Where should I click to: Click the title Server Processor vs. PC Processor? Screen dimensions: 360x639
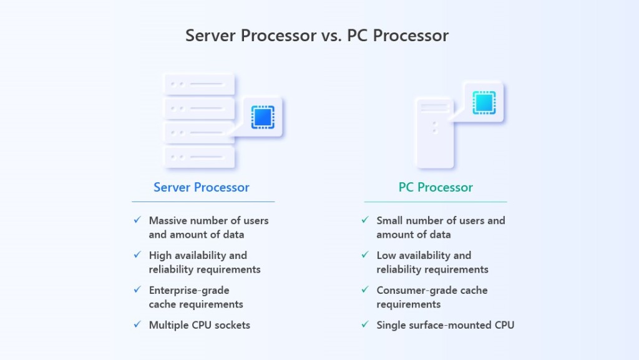point(317,36)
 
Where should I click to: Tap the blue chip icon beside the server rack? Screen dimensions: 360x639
point(263,117)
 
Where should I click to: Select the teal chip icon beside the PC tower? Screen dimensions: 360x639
point(484,102)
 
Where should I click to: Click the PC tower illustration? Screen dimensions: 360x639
point(434,133)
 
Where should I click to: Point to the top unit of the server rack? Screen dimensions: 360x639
point(199,84)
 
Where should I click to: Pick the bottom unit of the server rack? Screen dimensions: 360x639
point(199,156)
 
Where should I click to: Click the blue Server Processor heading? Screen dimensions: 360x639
point(202,187)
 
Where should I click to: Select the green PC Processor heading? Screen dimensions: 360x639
point(436,187)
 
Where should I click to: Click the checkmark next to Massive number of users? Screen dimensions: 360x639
point(137,220)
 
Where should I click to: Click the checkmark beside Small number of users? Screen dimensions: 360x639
point(365,220)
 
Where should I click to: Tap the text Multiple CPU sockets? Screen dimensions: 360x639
point(200,325)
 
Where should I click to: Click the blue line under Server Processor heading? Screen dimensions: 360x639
point(203,202)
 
